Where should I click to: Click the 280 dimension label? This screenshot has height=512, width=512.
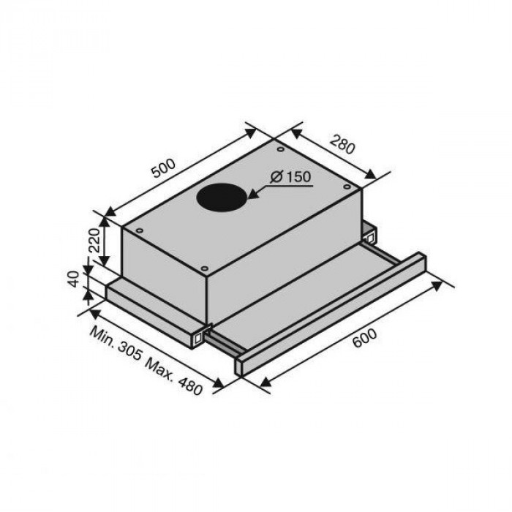(341, 143)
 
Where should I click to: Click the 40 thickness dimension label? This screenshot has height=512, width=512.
(73, 280)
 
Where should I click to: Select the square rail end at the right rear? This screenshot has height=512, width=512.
(369, 235)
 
